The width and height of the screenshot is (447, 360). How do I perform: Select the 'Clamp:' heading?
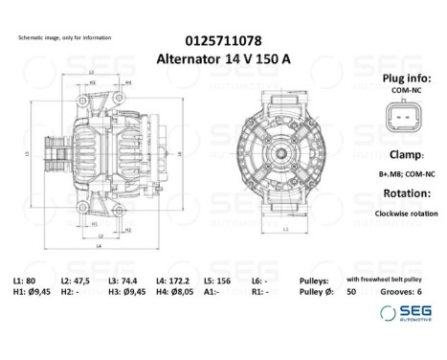(x=402, y=153)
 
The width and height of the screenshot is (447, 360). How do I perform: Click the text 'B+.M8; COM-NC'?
(x=403, y=173)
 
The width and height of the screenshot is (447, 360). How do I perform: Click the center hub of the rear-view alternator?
(x=292, y=153)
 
